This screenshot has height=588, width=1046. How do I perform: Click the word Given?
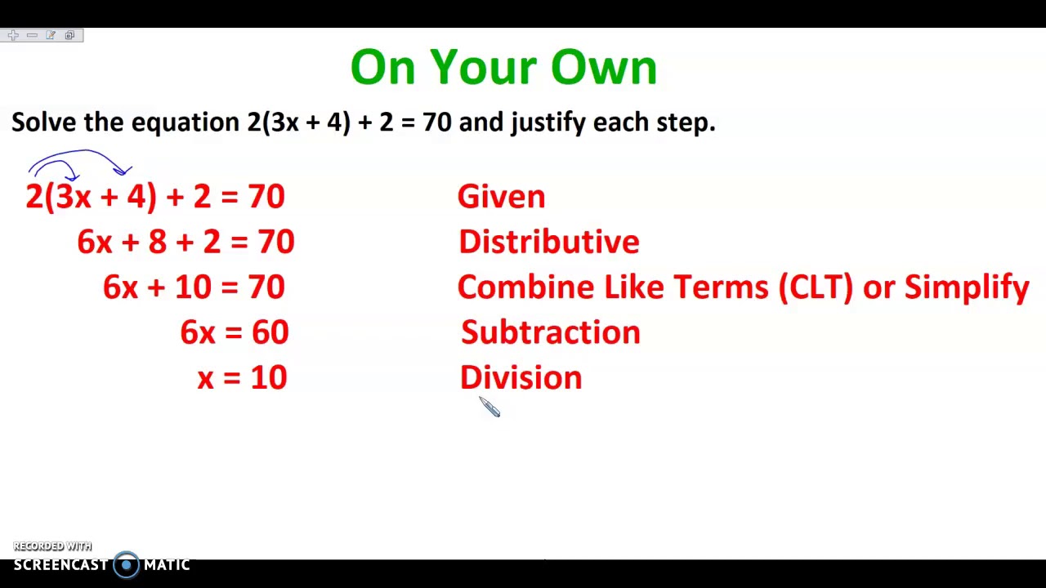coord(501,197)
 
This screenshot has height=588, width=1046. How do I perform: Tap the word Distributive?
coord(548,242)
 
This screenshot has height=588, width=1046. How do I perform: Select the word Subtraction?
coord(550,332)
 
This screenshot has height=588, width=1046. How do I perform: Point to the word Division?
coord(521,377)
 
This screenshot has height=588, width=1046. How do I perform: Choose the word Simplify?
coord(966,287)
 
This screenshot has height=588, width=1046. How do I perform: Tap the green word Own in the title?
coord(604,68)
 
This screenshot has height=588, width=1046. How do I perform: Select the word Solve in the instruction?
coord(44,122)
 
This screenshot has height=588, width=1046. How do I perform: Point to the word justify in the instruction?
coord(548,123)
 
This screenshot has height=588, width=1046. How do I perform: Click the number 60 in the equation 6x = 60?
coord(270,332)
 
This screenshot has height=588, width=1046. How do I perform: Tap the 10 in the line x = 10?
coord(269,377)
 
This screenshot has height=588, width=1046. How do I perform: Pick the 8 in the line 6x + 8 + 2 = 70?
coord(157,242)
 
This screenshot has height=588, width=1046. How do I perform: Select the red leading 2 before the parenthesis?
coord(34,197)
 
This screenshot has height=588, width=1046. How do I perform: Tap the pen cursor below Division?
coord(489,407)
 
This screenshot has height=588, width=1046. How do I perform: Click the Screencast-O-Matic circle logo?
coord(126,564)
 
